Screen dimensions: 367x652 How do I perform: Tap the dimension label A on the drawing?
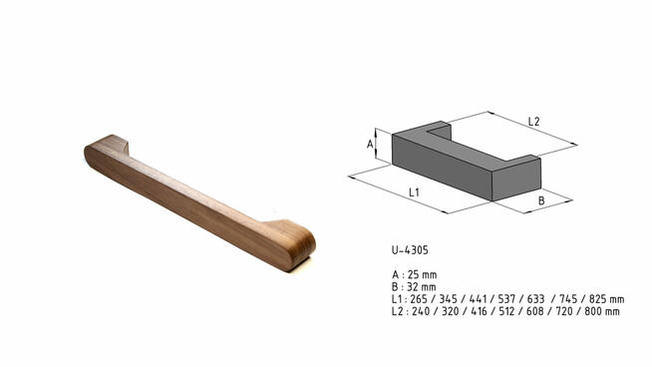coord(370,144)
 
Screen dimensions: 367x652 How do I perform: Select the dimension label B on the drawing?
coord(541,200)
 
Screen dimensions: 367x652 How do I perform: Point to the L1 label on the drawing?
coord(413,189)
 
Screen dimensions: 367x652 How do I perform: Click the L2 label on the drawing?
coord(533,122)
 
